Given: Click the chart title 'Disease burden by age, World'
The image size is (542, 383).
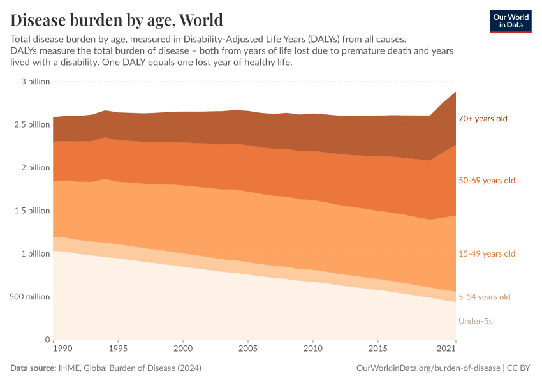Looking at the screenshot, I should click(117, 19).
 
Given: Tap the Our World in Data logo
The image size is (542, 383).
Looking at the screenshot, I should click(510, 21).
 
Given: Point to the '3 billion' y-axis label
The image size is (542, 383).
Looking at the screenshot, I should click(35, 82).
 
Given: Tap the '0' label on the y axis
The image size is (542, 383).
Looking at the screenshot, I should click(47, 340).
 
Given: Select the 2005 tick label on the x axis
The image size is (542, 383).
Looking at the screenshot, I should click(248, 349).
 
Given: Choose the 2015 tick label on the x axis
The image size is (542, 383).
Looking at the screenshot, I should click(378, 349).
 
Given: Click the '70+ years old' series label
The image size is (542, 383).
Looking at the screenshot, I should click(483, 119).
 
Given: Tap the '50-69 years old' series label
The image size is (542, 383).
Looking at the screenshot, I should click(487, 181).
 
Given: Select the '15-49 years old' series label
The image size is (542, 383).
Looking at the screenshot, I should click(487, 254).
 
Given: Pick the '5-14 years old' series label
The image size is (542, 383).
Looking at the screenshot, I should click(485, 297).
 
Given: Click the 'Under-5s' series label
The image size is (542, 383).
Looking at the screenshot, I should click(475, 321).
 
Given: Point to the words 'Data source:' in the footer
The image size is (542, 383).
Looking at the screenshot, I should click(33, 368).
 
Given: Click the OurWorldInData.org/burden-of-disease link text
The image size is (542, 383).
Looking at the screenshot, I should click(427, 368).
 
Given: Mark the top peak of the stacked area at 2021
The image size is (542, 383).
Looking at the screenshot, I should click(455, 92).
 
